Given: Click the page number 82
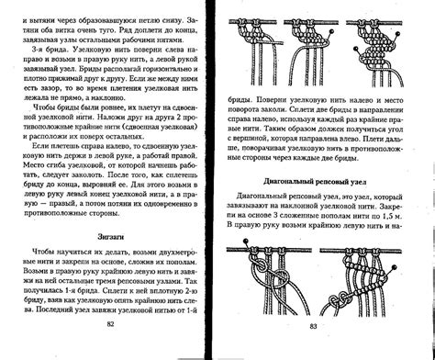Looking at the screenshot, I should pyautogui.click(x=110, y=350).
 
